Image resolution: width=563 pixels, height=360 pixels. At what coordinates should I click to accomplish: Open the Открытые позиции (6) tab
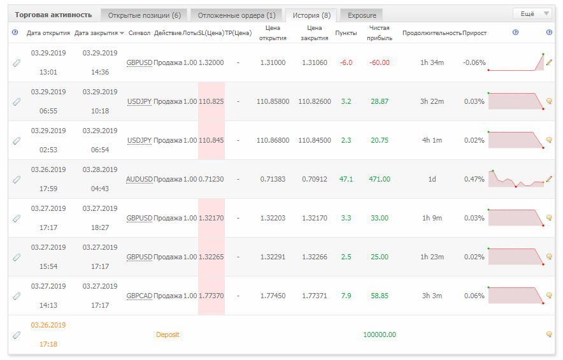pos(144,15)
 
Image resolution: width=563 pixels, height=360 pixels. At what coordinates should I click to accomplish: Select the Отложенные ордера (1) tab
pos(237,15)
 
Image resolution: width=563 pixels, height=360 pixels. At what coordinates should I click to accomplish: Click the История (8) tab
pos(311,15)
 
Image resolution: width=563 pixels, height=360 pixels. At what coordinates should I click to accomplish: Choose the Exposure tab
pos(362,15)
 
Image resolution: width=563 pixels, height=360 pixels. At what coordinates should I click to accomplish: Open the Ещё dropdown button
pos(533,13)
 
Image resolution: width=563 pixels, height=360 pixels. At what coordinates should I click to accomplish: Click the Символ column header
pos(139,33)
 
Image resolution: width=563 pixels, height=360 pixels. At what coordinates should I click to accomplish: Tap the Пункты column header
pos(346,33)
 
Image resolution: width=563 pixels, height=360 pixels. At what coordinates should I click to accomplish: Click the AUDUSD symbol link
pos(139,179)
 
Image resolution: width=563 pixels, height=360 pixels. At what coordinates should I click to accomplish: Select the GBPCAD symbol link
pos(139,296)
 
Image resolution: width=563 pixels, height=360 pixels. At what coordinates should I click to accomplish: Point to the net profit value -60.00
pos(380,62)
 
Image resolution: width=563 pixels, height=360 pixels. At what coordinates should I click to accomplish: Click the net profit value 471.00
pos(380,179)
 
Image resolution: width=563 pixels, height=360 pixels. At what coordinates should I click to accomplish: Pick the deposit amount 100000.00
pos(380,335)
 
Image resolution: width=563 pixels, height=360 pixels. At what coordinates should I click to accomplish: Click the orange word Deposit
pos(167,335)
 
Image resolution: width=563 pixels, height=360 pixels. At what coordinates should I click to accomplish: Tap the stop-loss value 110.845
pos(211,140)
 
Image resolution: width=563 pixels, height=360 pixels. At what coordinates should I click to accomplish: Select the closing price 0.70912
pos(315,179)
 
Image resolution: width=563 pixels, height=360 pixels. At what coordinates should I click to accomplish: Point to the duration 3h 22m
pos(432,102)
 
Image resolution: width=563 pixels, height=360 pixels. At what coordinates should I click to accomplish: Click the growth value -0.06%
pos(474,62)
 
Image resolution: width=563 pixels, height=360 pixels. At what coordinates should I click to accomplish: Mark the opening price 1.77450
pos(273,296)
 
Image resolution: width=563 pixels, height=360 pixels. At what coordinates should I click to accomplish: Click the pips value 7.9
pos(346,296)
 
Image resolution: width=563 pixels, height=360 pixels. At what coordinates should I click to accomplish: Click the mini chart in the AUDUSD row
pos(516,178)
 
